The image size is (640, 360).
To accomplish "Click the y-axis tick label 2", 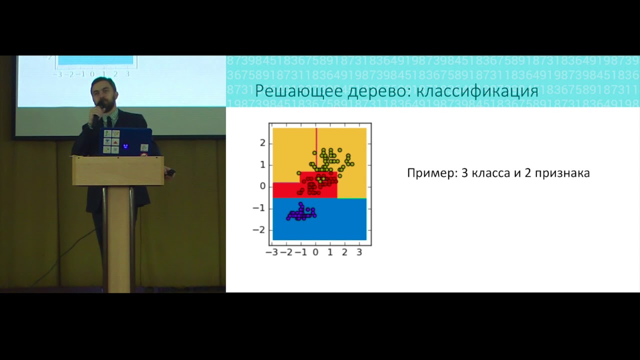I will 262,143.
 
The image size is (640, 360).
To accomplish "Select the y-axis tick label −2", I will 259,230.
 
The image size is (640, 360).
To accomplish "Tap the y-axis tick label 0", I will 262,186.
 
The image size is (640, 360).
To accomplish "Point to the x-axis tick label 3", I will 359,253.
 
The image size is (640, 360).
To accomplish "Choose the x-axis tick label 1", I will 330,253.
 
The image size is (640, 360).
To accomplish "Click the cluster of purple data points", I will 301,213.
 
